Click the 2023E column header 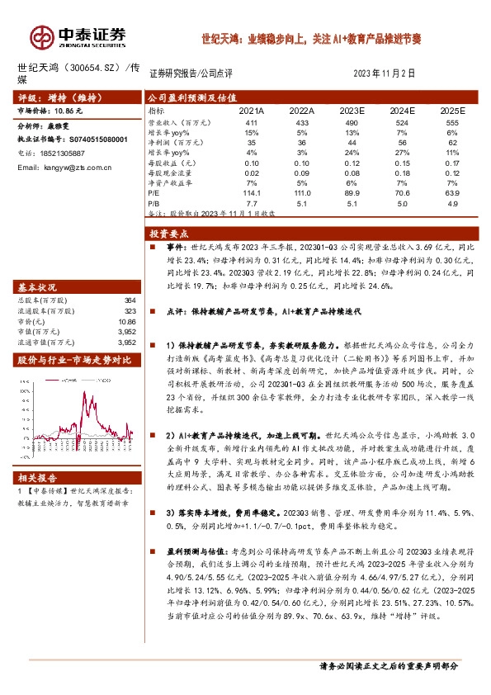point(351,110)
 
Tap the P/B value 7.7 point(253,202)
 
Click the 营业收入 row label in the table point(168,122)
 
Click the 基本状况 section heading point(37,286)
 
